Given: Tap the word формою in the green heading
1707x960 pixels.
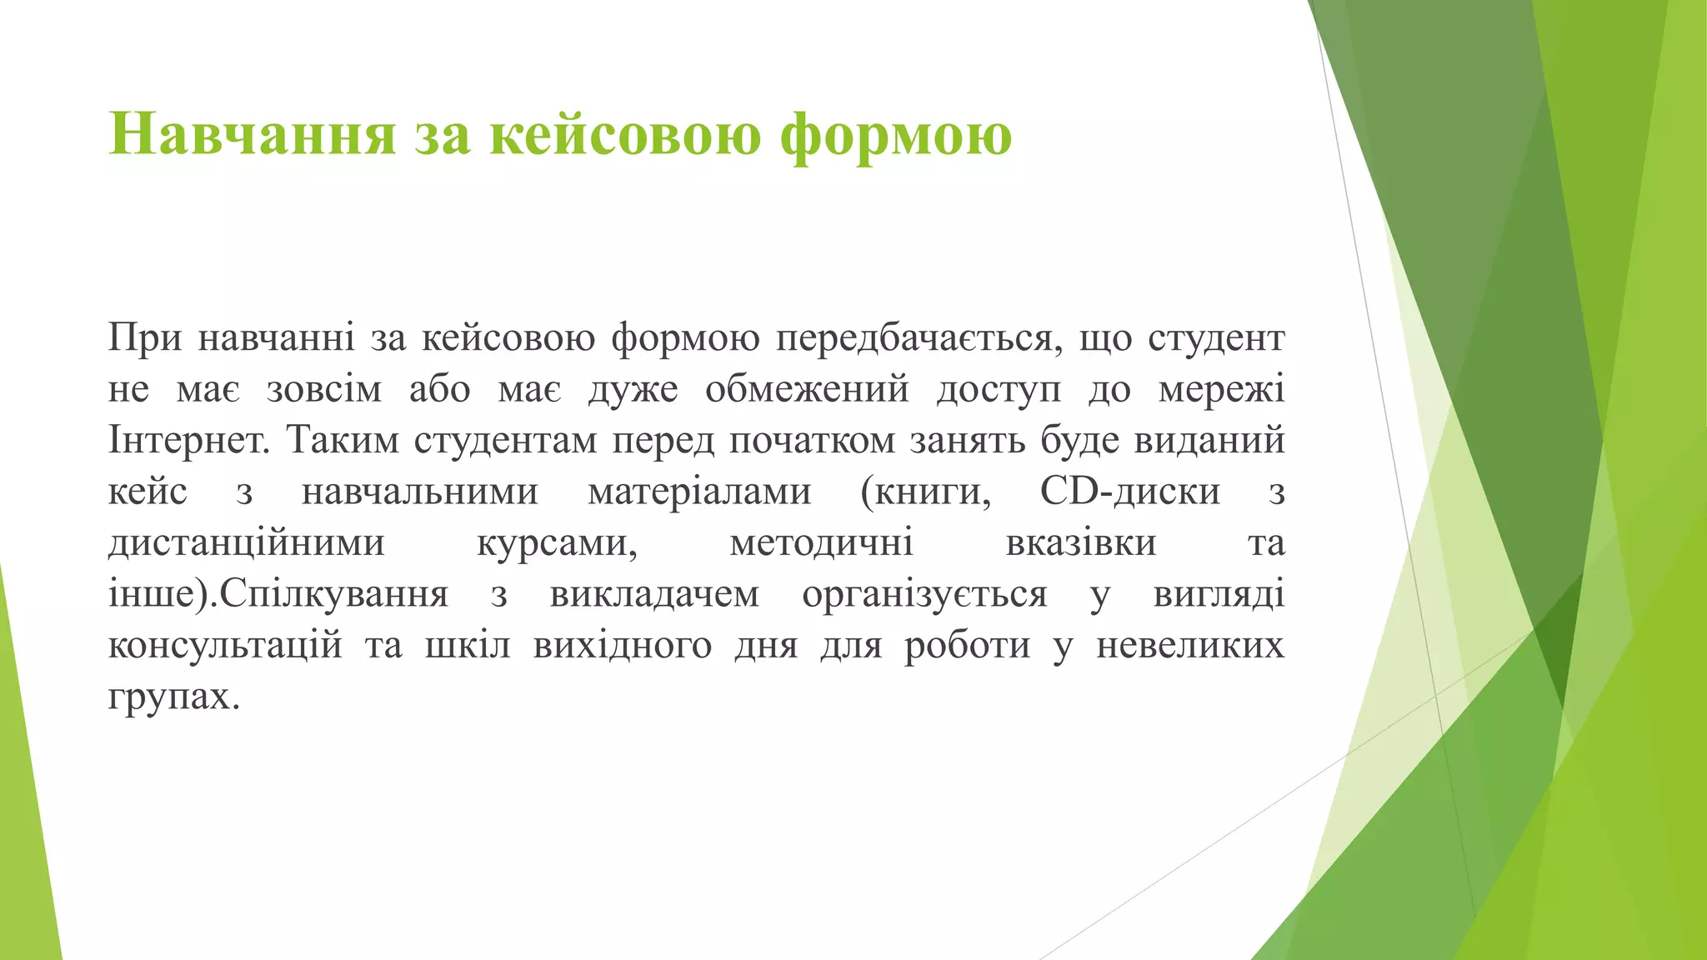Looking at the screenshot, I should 896,135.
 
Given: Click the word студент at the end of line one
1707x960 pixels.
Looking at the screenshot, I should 1216,338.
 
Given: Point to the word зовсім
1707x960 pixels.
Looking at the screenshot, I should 324,390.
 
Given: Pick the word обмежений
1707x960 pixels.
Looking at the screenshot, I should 807,390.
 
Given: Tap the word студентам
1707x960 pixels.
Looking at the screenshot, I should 505,441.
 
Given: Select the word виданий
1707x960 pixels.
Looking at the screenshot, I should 1209,441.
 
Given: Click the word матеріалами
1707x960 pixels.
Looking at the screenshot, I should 699,492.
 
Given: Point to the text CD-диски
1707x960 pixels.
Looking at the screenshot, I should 1130,492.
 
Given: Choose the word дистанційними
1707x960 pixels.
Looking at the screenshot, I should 247,543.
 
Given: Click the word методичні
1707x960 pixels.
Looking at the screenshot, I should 821,543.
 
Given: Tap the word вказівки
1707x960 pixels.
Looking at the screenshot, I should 1081,543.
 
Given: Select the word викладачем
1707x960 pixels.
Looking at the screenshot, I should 654,595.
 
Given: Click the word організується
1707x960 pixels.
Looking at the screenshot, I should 924,595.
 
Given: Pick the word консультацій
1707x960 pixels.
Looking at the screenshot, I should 225,646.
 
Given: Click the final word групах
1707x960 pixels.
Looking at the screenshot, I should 173,697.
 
